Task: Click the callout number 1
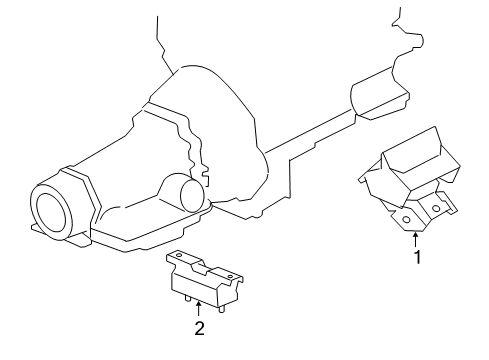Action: pos(417,255)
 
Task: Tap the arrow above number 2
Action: pos(199,308)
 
